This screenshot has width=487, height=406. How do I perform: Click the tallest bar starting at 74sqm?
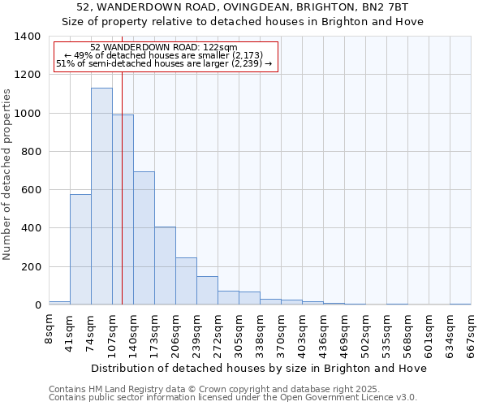pyautogui.click(x=101, y=196)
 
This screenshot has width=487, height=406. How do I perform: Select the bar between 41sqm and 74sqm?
pyautogui.click(x=80, y=249)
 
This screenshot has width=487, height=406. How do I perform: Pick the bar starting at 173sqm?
pyautogui.click(x=165, y=266)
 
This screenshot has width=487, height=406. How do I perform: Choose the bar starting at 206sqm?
pyautogui.click(x=186, y=281)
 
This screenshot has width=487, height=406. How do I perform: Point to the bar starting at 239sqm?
pyautogui.click(x=207, y=291)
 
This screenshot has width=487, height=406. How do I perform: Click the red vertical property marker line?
pyautogui.click(x=122, y=203)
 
